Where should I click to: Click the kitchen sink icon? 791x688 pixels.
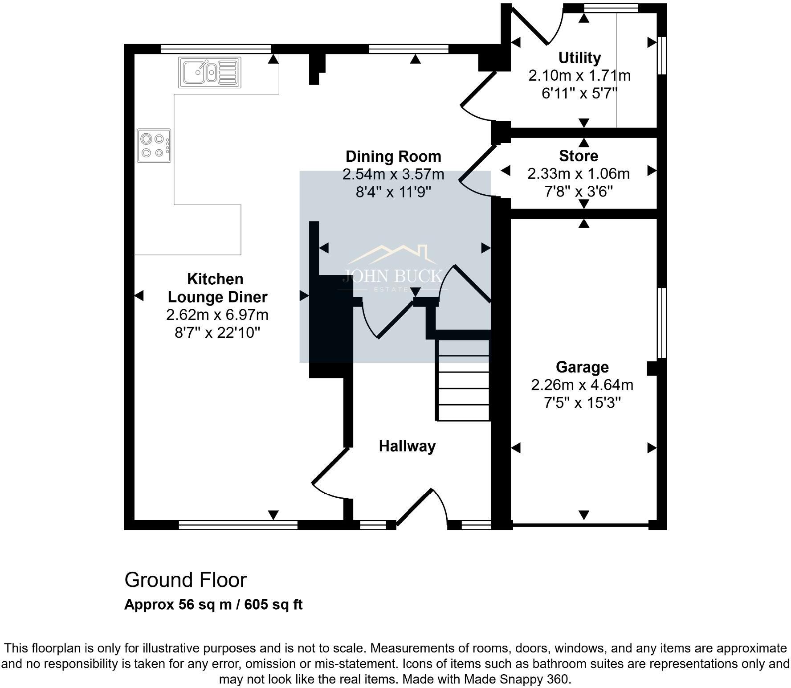pyautogui.click(x=210, y=72)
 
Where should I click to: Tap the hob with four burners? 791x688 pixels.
pyautogui.click(x=154, y=146)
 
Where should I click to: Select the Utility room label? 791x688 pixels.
pyautogui.click(x=579, y=57)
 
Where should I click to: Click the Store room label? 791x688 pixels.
pyautogui.click(x=578, y=156)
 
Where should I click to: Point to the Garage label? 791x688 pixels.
pyautogui.click(x=582, y=367)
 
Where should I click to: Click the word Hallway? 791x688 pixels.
pyautogui.click(x=407, y=446)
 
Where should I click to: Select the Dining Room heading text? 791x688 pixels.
pyautogui.click(x=393, y=156)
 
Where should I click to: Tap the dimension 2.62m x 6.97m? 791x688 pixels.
pyautogui.click(x=217, y=315)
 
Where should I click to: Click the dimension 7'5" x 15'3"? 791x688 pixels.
pyautogui.click(x=582, y=403)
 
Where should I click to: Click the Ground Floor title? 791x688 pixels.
pyautogui.click(x=185, y=580)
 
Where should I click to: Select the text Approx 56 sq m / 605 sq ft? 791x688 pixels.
pyautogui.click(x=213, y=605)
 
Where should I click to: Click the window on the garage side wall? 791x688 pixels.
pyautogui.click(x=662, y=323)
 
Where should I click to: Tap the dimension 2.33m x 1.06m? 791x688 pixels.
pyautogui.click(x=578, y=174)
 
